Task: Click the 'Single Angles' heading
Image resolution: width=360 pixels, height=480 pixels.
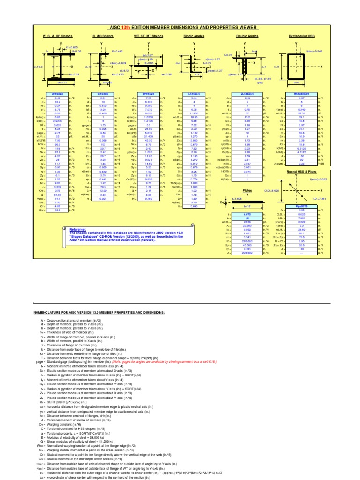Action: tap(194, 36)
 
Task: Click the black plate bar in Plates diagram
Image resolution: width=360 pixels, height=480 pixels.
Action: tap(247, 202)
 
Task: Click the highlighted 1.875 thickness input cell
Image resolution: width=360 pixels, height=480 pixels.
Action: tap(247, 214)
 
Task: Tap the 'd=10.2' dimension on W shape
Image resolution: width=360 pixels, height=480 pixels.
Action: tap(38, 67)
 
